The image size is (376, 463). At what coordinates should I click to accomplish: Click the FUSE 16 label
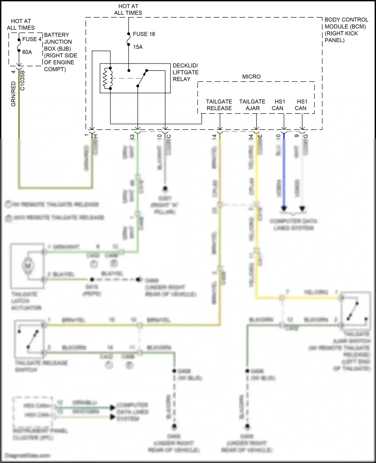(x=144, y=34)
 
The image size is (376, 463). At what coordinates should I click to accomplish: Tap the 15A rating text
(x=138, y=47)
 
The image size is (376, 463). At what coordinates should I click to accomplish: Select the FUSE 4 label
(x=32, y=39)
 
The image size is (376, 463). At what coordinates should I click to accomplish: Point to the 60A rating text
(x=27, y=52)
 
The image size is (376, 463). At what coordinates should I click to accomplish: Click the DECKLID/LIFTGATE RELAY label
(x=185, y=72)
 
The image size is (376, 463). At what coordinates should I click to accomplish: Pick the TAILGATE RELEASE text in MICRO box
(x=219, y=105)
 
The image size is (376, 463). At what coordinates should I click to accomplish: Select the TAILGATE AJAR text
(x=252, y=105)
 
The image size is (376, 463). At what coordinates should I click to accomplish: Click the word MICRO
(x=251, y=77)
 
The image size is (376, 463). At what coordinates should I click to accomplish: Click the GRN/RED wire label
(x=14, y=94)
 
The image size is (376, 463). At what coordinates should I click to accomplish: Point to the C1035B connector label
(x=23, y=80)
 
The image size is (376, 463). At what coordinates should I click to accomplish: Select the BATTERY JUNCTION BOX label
(x=60, y=52)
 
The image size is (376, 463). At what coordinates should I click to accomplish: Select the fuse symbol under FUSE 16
(x=129, y=39)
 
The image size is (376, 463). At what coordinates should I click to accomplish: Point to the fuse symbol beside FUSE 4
(x=19, y=45)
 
